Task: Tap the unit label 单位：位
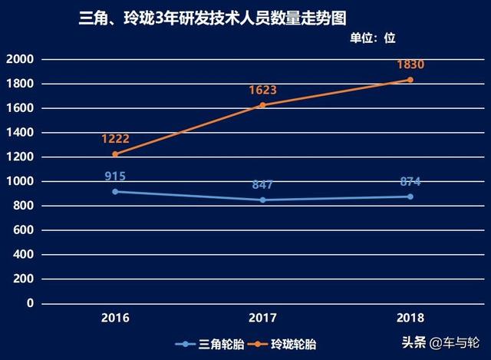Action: [x=373, y=38]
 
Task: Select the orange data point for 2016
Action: [x=115, y=154]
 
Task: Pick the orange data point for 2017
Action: [x=262, y=105]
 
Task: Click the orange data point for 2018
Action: [x=410, y=80]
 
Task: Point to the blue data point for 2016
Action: [x=115, y=191]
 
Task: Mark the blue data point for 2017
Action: [x=262, y=200]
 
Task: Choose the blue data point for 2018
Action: [x=410, y=197]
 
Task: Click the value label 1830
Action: [x=410, y=64]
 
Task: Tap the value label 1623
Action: [x=262, y=90]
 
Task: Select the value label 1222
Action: [x=115, y=139]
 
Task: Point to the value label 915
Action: [x=115, y=176]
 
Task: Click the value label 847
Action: [x=262, y=184]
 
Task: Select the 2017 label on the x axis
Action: [x=262, y=317]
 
